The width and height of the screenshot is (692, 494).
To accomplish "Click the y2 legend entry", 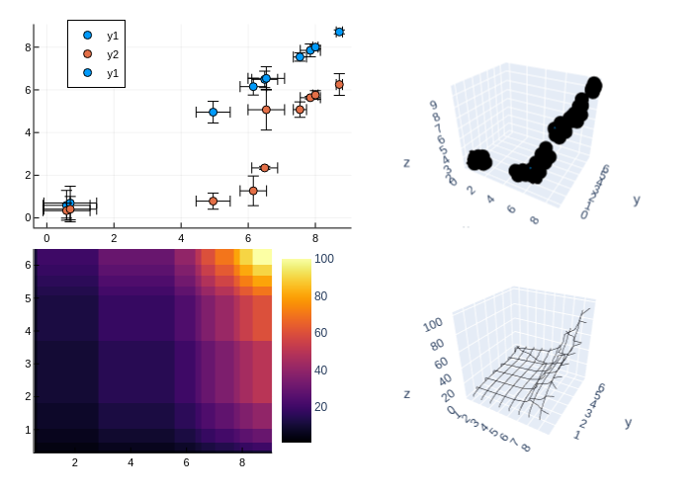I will click(x=112, y=53).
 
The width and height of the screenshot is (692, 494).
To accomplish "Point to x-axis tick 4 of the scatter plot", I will click(x=181, y=238).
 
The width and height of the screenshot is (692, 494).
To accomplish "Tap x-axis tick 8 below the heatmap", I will click(x=242, y=461).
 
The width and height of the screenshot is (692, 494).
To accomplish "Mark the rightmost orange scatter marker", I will click(x=339, y=85).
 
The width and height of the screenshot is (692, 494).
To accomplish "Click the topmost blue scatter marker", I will click(x=339, y=33).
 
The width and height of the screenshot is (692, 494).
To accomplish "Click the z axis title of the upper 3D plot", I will click(x=406, y=161).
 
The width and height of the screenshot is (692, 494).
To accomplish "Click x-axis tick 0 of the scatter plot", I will click(x=46, y=238).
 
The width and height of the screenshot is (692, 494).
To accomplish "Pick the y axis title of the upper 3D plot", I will click(x=637, y=200).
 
